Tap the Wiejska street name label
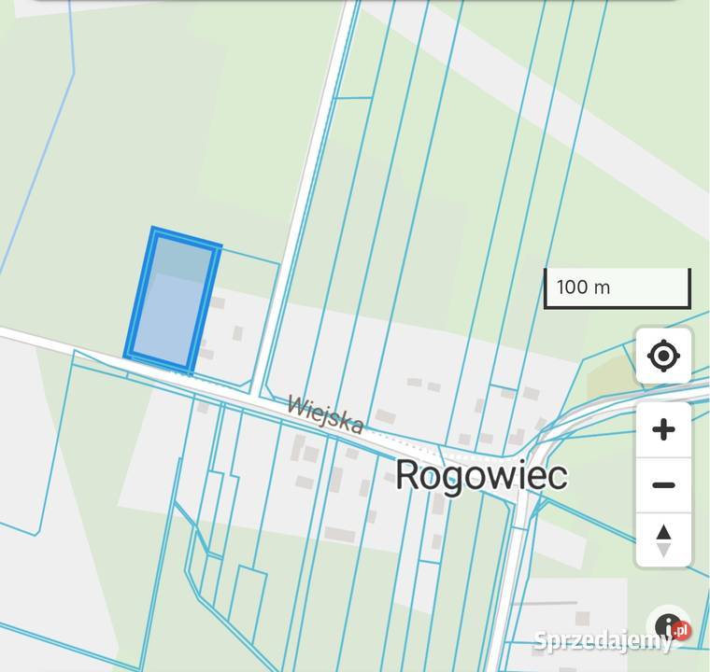tap(324, 414)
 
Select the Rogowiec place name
tap(480, 476)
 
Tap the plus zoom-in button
tap(663, 429)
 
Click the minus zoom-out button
tap(663, 485)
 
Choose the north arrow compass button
tap(663, 540)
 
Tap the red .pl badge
tap(682, 630)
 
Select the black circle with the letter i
tap(668, 627)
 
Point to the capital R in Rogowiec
tap(406, 475)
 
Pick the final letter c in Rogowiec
tap(557, 477)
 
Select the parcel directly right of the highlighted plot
tap(241, 317)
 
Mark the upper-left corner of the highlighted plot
tap(155, 231)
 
